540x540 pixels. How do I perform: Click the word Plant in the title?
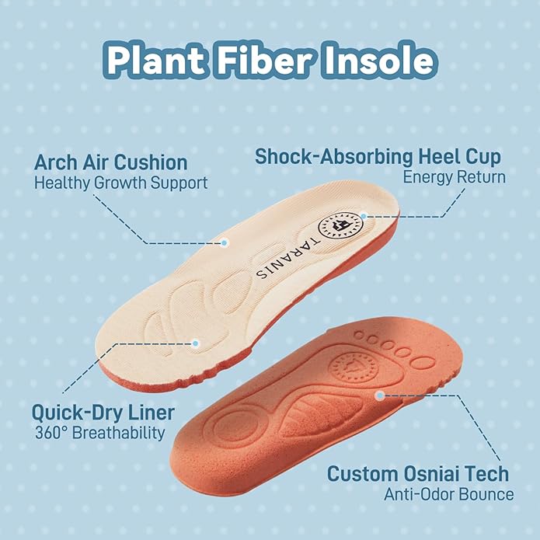point(156,60)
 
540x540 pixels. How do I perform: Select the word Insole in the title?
point(379,59)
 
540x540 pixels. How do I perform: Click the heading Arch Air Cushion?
point(111,162)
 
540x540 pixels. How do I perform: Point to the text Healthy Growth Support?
point(121,183)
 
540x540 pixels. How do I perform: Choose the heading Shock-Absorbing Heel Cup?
point(378,157)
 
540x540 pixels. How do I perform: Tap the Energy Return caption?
point(455,177)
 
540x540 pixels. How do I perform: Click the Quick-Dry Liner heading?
point(103,413)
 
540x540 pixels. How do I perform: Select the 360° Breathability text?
point(100,433)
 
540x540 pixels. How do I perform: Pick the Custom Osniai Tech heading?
point(418,473)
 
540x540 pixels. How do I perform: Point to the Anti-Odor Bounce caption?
point(449,494)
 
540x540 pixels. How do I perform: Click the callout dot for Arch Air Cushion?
point(225,242)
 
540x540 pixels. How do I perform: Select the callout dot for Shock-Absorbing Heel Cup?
point(363,216)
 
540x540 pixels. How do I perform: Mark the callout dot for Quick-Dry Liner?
point(195,343)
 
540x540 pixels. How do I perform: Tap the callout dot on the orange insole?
point(379,395)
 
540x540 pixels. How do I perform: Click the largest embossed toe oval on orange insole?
point(422,364)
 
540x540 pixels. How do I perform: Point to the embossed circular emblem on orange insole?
point(354,368)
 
